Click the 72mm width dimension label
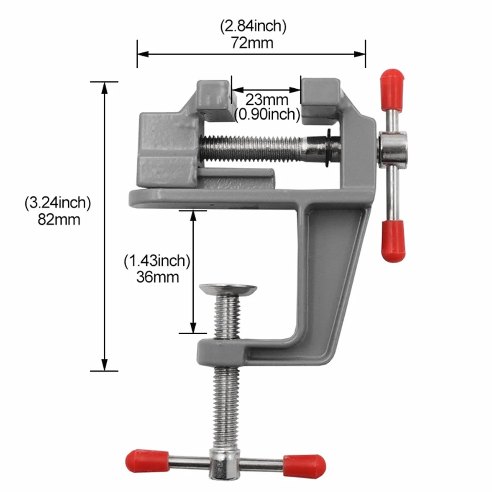click(252, 43)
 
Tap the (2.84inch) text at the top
click(253, 26)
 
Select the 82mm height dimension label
click(59, 219)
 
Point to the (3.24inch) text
click(58, 202)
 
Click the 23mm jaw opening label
click(267, 100)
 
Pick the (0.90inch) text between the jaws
click(267, 115)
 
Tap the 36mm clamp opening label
click(157, 277)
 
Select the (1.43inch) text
click(157, 261)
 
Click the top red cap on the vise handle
click(392, 90)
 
